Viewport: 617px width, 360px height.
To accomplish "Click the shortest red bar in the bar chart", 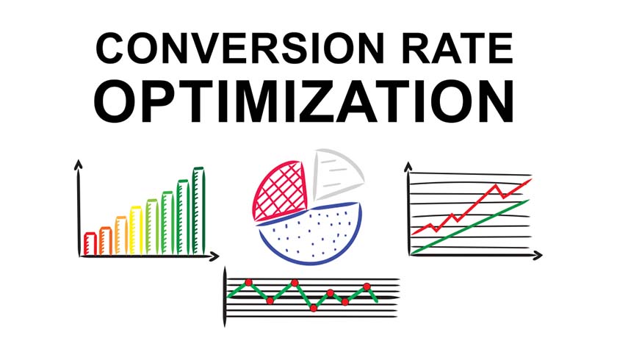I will [x=90, y=242].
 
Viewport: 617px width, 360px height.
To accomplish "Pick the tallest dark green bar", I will [x=198, y=212].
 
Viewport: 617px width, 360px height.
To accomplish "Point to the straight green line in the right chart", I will [x=470, y=227].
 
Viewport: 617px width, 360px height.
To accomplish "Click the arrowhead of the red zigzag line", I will [x=527, y=181].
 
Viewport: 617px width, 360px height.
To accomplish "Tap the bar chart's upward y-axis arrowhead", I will [x=76, y=163].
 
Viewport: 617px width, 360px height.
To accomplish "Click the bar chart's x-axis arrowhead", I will [x=214, y=256].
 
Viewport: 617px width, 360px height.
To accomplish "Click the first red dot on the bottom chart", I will [x=248, y=282].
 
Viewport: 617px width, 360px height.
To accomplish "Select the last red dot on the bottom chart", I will [x=367, y=286].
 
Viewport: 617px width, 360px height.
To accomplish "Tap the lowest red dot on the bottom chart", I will [x=314, y=308].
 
